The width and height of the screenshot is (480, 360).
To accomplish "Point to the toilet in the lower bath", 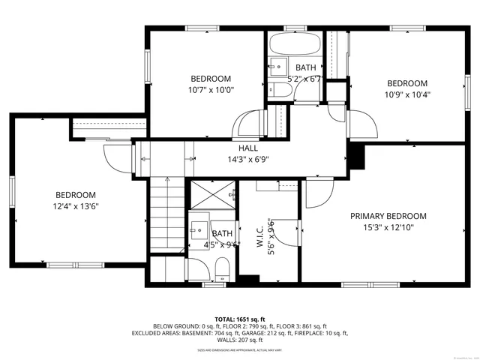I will pyautogui.click(x=222, y=268).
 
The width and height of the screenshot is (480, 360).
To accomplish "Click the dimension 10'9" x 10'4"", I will pyautogui.click(x=406, y=94).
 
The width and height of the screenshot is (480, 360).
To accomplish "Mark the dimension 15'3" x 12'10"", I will pyautogui.click(x=388, y=227).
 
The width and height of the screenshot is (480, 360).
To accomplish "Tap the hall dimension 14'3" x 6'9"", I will pyautogui.click(x=248, y=159).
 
